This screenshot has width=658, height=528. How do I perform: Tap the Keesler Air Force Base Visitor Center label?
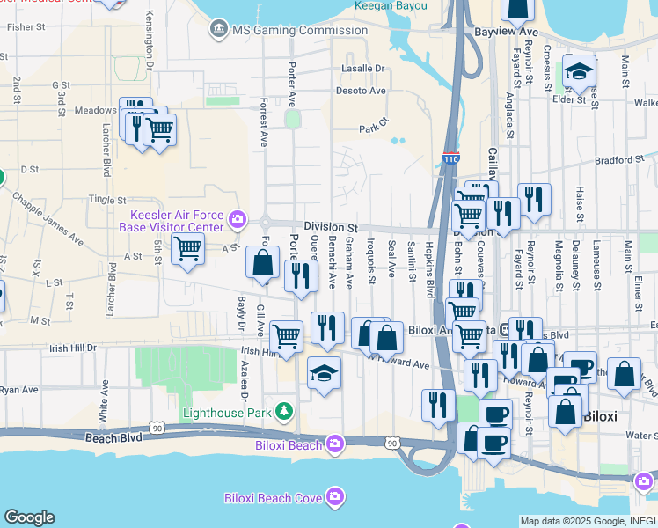(179, 220)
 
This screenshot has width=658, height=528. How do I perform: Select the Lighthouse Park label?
(226, 412)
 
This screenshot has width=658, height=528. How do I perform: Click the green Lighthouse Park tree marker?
(284, 411)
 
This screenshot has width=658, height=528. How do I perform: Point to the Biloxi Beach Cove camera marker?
(334, 498)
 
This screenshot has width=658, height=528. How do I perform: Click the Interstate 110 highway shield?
(450, 159)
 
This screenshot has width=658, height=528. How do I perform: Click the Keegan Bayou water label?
(391, 6)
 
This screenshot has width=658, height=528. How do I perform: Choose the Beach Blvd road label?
(113, 436)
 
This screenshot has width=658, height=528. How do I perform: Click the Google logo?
(29, 517)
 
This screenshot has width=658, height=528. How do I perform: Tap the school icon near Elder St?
(580, 70)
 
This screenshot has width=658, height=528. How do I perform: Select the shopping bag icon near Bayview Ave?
(517, 8)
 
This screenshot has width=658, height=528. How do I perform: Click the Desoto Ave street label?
(361, 91)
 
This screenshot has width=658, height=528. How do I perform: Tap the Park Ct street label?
(374, 127)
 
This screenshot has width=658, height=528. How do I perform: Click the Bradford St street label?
(619, 160)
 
